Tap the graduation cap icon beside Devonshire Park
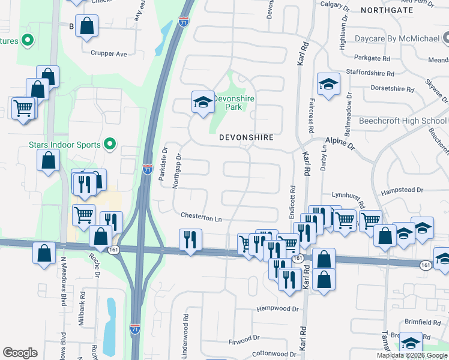click(203, 103)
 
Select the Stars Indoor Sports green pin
click(109, 144)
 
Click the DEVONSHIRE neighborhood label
click(246, 137)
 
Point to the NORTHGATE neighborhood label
click(387, 10)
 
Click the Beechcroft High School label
click(403, 121)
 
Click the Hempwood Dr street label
click(277, 308)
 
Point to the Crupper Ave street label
click(109, 53)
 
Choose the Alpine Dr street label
click(340, 143)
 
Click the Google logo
click(20, 353)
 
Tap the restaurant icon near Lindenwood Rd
click(190, 240)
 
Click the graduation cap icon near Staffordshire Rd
click(328, 85)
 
